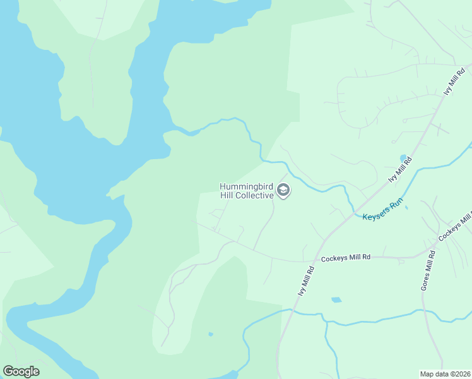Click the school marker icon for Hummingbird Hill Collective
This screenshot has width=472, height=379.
coord(283,191)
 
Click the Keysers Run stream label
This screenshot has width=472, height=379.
coord(382,210)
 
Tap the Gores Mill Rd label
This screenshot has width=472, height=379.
coord(428,270)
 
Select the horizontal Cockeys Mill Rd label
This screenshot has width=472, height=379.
coord(345,258)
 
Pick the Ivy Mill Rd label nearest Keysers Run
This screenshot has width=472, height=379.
coord(400,170)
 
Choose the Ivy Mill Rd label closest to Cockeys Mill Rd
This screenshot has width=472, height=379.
coord(306,282)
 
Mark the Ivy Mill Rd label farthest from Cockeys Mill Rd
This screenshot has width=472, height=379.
coord(449,81)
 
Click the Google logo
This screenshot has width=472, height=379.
coord(21,371)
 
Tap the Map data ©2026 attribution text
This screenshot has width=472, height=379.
coord(445,374)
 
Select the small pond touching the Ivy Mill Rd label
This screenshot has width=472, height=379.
coord(403,158)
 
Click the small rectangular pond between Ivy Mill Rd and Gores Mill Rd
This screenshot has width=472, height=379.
coord(336,299)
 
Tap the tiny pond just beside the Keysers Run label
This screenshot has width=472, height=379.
coord(406,207)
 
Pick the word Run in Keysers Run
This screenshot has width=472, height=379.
coord(396,205)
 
